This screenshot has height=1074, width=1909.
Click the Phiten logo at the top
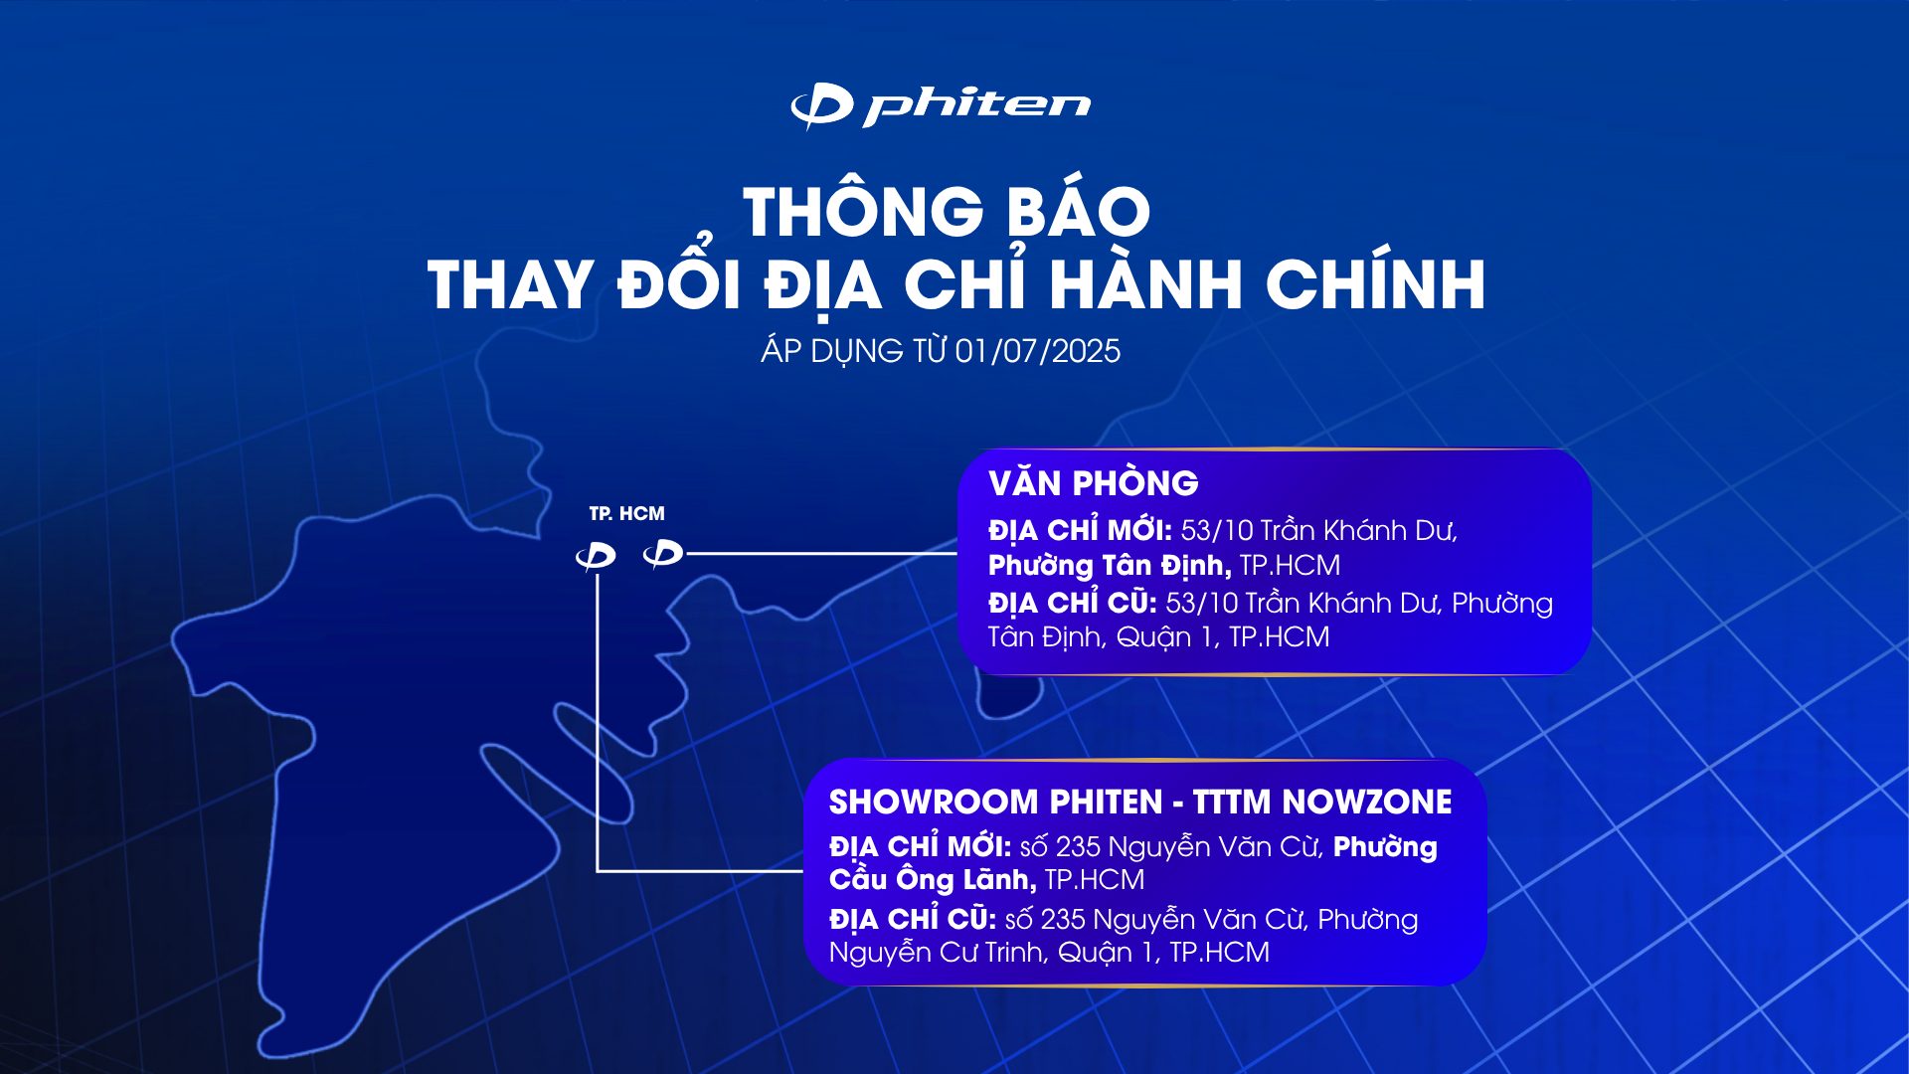click(x=941, y=105)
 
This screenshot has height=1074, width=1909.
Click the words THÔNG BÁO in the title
click(x=947, y=211)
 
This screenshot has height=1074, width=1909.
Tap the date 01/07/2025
click(x=1037, y=351)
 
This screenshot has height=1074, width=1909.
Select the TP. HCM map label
click(x=626, y=514)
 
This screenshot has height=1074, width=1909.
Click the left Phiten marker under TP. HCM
click(x=596, y=556)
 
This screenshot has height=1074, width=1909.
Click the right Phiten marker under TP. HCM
click(x=663, y=553)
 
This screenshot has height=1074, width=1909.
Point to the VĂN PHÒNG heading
click(x=1094, y=483)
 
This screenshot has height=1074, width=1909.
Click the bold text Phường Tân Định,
click(x=1110, y=566)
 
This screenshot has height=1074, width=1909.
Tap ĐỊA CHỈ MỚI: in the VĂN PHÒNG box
click(x=1080, y=529)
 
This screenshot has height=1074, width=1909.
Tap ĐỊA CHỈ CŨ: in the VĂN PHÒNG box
click(x=1072, y=603)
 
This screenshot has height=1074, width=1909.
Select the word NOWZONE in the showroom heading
click(x=1367, y=802)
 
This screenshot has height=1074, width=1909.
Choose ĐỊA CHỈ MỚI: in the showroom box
click(x=920, y=846)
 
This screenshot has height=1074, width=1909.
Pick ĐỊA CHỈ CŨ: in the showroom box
click(x=913, y=918)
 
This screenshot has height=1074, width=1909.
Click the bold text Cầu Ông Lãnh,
click(x=933, y=880)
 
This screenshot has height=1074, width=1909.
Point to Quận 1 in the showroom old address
click(x=1109, y=953)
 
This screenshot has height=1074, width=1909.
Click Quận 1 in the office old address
click(x=1168, y=637)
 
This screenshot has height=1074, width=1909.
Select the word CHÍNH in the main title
click(x=1376, y=284)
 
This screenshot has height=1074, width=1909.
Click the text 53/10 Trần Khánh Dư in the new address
click(x=1318, y=531)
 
